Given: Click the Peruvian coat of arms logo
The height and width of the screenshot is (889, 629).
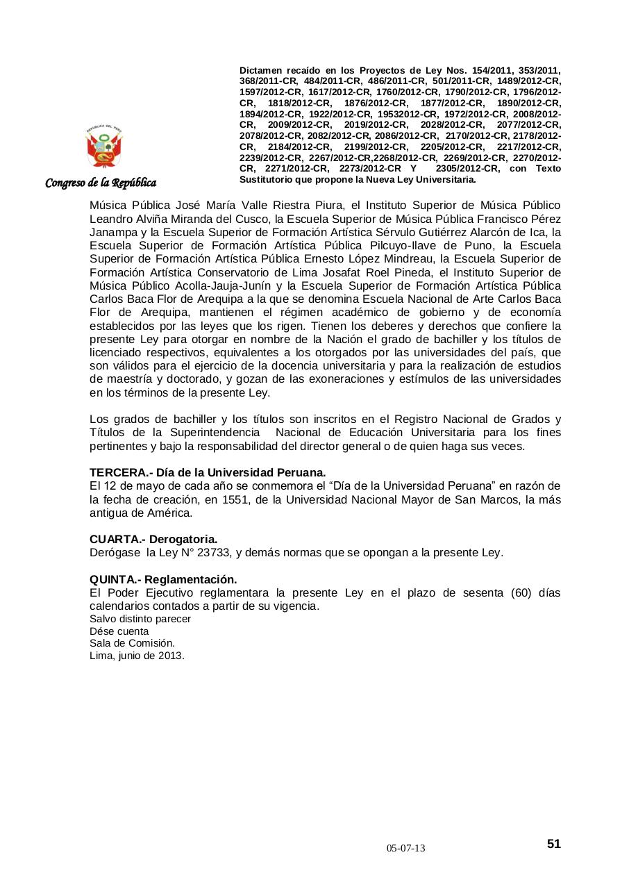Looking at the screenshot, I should tap(103, 147).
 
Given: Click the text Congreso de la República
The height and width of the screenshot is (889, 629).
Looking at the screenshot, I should tap(101, 183).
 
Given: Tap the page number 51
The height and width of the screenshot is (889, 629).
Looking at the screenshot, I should tap(553, 844).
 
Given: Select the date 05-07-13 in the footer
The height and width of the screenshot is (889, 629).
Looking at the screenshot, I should tap(406, 849).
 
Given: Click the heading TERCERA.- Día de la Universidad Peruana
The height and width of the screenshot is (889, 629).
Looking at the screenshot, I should tap(208, 472).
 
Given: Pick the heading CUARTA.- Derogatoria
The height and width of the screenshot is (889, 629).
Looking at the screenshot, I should tap(153, 539).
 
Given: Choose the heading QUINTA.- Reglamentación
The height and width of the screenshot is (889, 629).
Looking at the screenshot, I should tap(163, 579).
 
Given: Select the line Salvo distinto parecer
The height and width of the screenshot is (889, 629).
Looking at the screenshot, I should tap(140, 619).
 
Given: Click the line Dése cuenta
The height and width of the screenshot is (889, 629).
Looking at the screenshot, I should tap(119, 631).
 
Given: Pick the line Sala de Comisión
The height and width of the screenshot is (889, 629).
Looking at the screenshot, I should tap(132, 643).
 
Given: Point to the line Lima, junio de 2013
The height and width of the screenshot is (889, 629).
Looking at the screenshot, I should tap(137, 655).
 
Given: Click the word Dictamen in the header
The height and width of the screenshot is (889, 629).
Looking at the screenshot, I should tap(261, 71).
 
